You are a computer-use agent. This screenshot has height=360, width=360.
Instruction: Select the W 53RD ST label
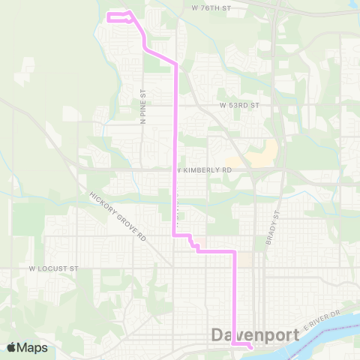click(x=239, y=106)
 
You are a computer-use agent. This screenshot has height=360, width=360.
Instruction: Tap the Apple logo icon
click(x=13, y=347)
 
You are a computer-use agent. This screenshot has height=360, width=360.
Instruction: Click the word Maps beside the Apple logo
click(x=34, y=347)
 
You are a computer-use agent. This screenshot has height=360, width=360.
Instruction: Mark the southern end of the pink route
click(x=250, y=347)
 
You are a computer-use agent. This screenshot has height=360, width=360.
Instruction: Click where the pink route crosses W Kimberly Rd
click(x=176, y=170)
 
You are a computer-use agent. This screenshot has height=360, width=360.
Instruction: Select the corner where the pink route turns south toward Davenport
click(x=235, y=252)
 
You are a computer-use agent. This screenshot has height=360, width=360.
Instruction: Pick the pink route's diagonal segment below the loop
click(x=160, y=56)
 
